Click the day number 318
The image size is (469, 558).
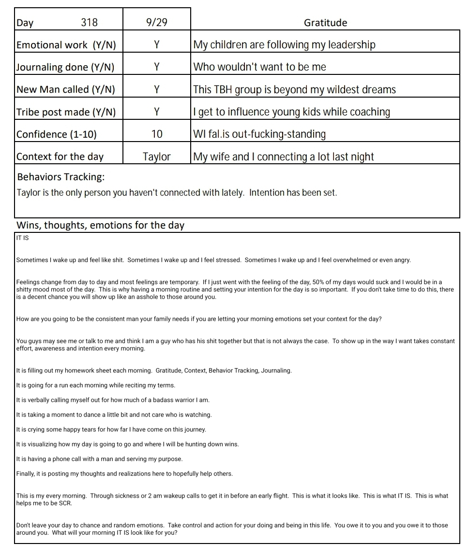89,23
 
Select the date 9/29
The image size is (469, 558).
157,23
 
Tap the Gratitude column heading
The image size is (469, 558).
325,23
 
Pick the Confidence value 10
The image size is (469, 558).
157,134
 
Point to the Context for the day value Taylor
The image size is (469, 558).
157,157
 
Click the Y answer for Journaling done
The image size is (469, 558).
157,67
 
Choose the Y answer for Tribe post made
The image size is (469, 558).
157,112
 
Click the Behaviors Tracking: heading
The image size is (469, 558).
61,177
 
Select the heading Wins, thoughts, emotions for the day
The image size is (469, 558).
100,225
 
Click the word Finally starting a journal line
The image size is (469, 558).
25,474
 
